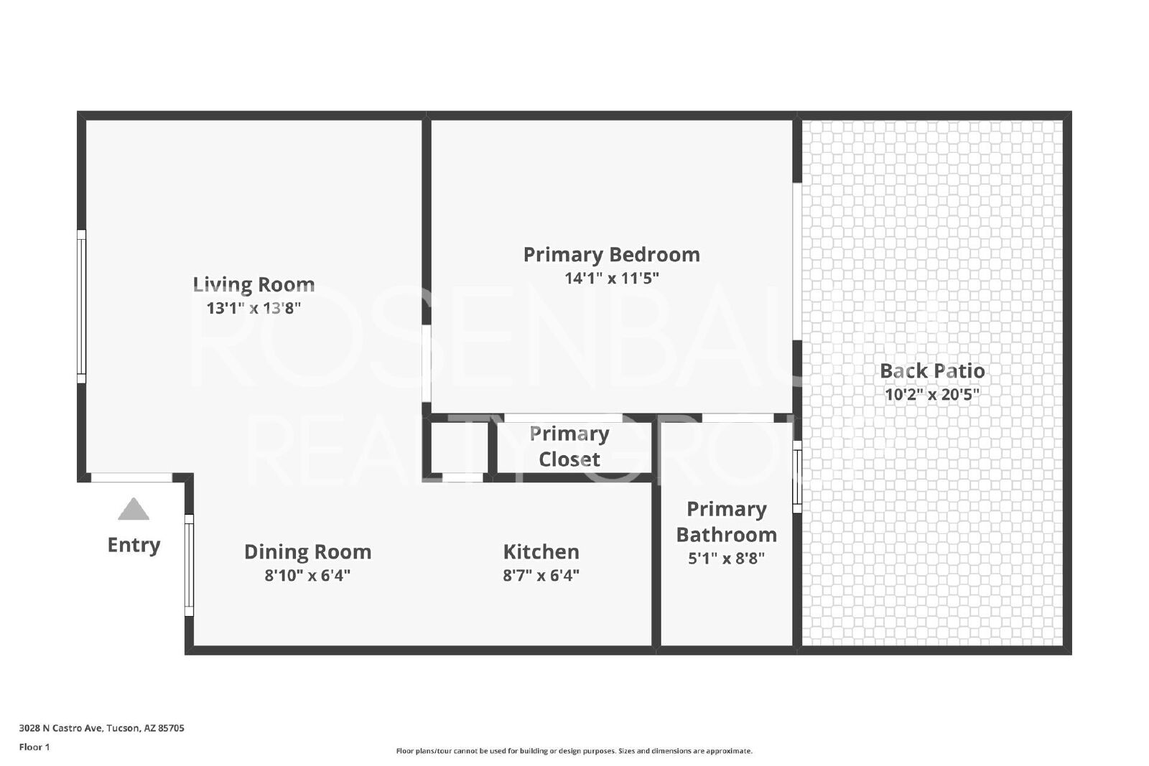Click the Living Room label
pos(253,284)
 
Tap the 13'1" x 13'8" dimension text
pos(253,308)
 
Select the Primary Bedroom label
pos(611,255)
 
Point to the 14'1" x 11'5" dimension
pos(611,279)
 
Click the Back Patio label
pos(932,371)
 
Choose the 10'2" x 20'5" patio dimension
pos(932,395)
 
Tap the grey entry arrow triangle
pos(134,508)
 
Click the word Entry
pos(134,545)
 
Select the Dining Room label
pos(308,552)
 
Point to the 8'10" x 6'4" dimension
pos(308,576)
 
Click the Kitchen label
pos(541,552)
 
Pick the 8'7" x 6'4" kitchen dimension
pos(541,576)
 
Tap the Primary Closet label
pos(569,447)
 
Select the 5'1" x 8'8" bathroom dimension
pos(726,559)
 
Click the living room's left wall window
pos(81,307)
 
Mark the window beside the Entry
pos(189,565)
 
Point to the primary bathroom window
pos(797,477)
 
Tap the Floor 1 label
pos(34,747)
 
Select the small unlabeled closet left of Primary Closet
pos(460,447)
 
